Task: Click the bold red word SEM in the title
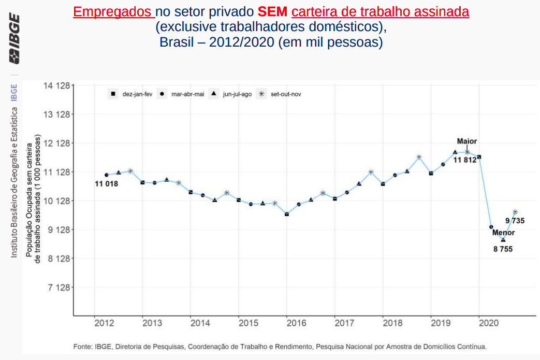272,12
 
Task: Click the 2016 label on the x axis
297,323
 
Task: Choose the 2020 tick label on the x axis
489,323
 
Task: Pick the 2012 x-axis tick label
105,323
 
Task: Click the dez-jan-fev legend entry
132,94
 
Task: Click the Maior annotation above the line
467,141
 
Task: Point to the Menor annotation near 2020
503,233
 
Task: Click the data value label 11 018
106,184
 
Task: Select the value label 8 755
503,249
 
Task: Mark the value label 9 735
515,221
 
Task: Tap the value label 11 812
465,160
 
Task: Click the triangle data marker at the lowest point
503,240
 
